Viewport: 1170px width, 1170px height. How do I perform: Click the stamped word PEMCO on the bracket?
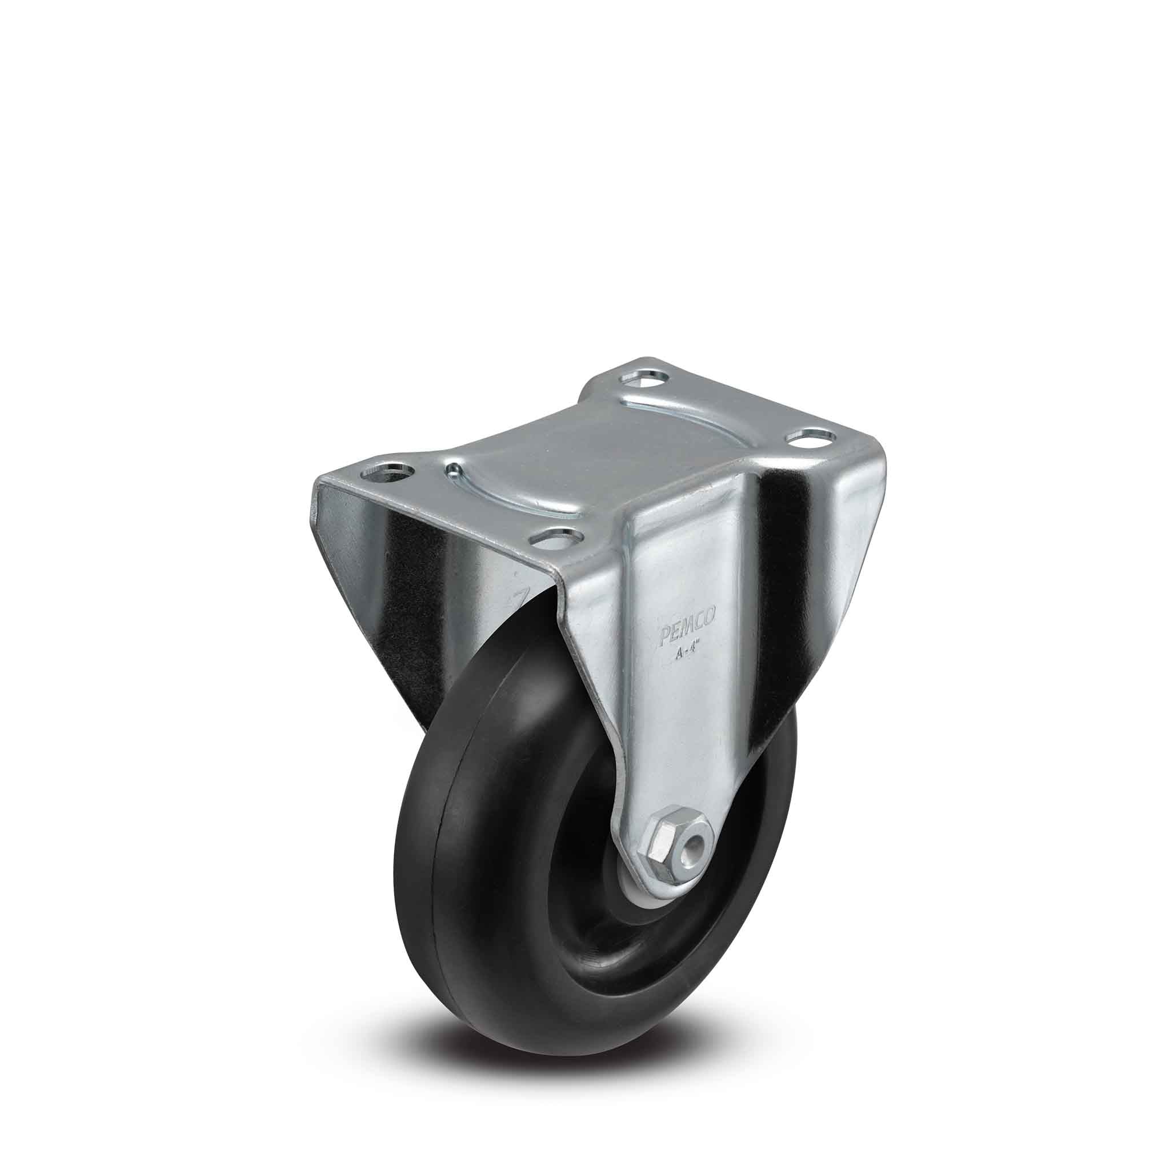pos(687,633)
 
